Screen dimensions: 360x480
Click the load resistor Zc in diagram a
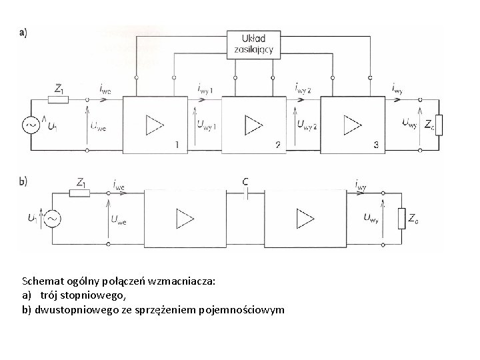click(x=438, y=124)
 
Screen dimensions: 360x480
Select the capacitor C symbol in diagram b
click(x=248, y=194)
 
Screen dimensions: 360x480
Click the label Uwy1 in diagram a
click(x=207, y=124)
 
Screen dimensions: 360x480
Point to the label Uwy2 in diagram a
click(x=307, y=124)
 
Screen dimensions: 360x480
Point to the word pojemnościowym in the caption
click(x=247, y=310)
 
